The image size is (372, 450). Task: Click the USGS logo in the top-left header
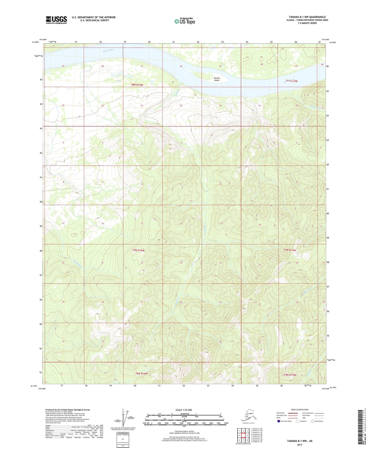[x=56, y=20]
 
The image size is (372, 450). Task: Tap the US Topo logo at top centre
[x=185, y=21]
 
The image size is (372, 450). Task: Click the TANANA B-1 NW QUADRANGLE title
[x=307, y=17]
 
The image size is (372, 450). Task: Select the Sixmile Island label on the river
[x=217, y=79]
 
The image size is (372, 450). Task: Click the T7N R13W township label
[x=290, y=250]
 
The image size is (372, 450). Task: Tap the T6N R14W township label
[x=142, y=373]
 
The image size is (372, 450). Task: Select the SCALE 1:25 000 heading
[x=184, y=410]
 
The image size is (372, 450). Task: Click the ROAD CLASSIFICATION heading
[x=300, y=410]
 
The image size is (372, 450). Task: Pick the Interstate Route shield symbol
[x=279, y=421]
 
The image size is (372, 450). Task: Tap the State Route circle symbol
[x=313, y=421]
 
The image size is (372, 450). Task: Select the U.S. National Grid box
[x=123, y=440]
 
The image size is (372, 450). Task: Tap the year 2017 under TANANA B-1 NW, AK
[x=300, y=445]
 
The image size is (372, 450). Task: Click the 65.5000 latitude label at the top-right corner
[x=333, y=42]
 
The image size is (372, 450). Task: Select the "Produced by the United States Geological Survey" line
[x=68, y=410]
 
